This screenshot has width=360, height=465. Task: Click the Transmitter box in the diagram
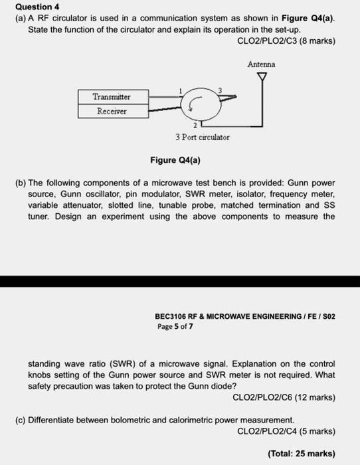112,97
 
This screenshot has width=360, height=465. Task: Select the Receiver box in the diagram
112,111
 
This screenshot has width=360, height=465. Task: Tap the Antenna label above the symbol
261,64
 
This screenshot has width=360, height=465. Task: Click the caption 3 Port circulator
203,138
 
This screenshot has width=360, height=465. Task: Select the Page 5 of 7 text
175,326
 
